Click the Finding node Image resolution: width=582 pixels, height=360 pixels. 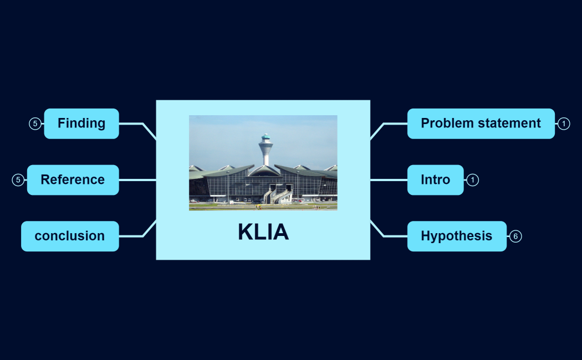tap(81, 124)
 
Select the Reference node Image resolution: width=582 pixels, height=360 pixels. tap(73, 180)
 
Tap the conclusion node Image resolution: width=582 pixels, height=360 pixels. tap(70, 236)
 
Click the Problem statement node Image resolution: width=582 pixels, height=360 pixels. tap(481, 124)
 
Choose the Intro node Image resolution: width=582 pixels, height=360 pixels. tap(435, 180)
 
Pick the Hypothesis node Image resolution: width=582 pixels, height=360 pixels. tap(456, 236)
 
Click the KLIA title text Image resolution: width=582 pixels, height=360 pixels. tap(263, 232)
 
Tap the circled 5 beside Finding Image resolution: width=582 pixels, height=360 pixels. tap(35, 124)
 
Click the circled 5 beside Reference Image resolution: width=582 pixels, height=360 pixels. tap(18, 180)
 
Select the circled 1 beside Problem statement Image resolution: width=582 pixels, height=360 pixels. tap(564, 124)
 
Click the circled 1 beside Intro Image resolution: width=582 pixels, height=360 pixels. tap(472, 180)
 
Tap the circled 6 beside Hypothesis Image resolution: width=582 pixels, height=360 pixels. tap(515, 236)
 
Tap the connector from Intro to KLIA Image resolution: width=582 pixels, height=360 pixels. tap(389, 180)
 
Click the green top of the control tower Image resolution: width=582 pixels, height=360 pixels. tap(266, 137)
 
